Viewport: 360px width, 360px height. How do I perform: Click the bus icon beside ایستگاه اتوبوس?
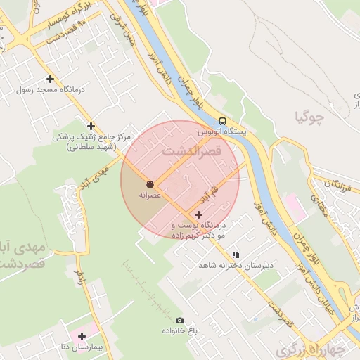pos(222,120)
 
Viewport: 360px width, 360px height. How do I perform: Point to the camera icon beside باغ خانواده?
pos(179,320)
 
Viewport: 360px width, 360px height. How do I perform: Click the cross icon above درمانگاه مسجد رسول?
pos(49,79)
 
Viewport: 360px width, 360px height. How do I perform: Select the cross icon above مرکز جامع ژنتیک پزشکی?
pos(91,126)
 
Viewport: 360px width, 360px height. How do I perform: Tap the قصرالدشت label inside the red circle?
pos(192,150)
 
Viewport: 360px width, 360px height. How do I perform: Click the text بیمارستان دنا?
pos(82,347)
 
